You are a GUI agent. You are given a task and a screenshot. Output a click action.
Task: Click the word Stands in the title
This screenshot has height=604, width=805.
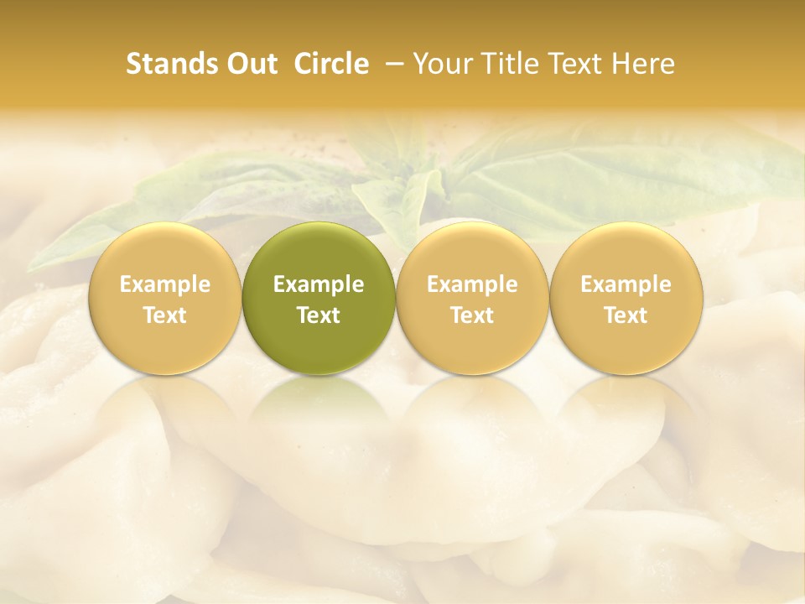point(171,64)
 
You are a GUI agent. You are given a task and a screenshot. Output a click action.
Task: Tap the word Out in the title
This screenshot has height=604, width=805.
point(250,64)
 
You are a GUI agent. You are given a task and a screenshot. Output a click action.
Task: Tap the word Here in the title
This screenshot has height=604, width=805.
point(643,64)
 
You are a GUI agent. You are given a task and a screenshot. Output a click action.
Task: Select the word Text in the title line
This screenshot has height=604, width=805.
point(578,64)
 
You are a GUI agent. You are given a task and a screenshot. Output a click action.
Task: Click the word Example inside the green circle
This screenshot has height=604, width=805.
point(319,284)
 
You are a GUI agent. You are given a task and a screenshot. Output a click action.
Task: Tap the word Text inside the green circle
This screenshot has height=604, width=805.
point(319,315)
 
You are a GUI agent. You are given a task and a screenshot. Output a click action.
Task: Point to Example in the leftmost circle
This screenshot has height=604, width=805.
point(164,284)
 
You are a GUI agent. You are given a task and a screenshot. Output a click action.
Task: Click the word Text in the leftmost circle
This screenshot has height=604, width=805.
point(164,315)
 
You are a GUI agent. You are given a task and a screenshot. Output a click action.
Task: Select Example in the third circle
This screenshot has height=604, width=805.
point(472,284)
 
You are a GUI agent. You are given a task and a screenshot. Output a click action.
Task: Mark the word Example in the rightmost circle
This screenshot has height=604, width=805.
point(626,284)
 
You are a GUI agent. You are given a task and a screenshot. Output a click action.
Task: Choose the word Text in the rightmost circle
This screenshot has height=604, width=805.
point(626,315)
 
